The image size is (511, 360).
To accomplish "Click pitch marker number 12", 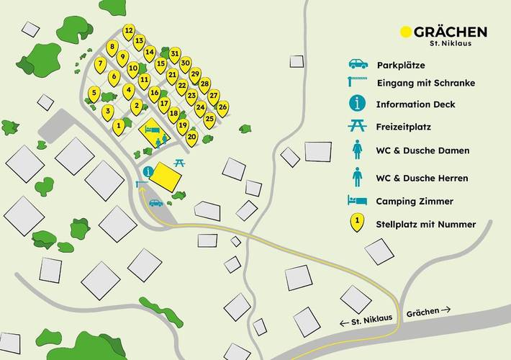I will tap(129, 30).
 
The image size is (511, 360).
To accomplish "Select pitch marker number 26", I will tap(223, 107).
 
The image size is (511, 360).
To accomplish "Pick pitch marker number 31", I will tap(175, 53).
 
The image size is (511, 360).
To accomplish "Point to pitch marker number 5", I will tap(94, 92).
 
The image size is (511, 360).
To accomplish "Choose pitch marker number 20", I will tap(191, 135).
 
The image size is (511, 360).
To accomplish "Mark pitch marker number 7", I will tap(101, 63).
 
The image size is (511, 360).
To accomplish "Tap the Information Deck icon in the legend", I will tap(358, 104).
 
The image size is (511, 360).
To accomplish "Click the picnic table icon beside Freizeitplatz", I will tap(358, 126).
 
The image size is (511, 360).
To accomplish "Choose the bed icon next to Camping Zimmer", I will tap(358, 201).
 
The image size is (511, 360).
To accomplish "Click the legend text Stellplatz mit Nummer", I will tap(425, 224).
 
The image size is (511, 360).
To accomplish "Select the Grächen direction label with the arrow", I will tap(428, 311).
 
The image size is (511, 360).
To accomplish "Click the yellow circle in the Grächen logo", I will tap(406, 32).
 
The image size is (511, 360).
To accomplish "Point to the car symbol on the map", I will tap(156, 203).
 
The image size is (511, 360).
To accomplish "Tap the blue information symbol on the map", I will tap(148, 172).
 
